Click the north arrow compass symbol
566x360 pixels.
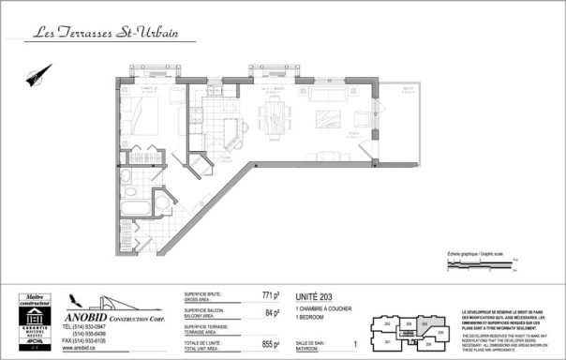click(x=39, y=74)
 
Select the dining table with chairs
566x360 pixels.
click(x=275, y=117)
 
